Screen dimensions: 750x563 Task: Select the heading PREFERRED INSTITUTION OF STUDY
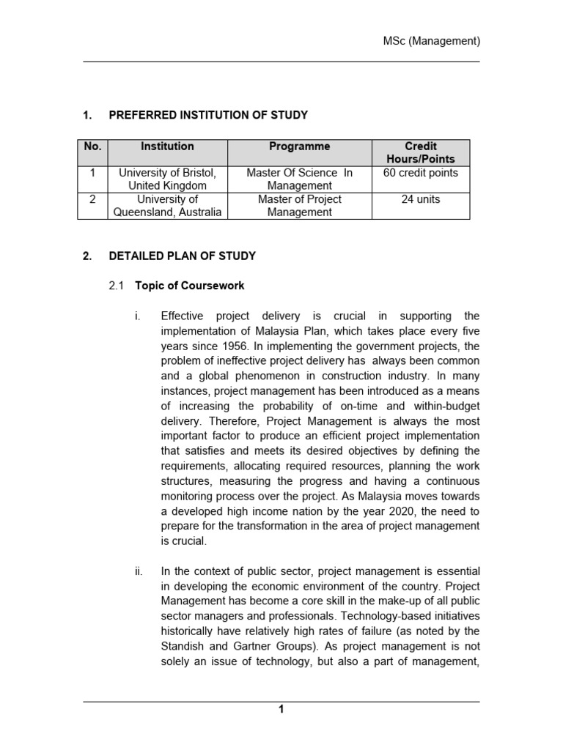point(208,115)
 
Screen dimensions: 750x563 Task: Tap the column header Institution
point(167,146)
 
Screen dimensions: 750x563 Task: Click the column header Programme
point(299,146)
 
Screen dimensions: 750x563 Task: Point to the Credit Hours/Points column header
point(420,152)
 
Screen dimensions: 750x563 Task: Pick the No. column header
point(92,146)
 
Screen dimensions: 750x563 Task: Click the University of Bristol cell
point(167,179)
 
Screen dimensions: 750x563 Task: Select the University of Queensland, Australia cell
point(167,206)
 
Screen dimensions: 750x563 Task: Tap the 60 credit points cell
point(420,173)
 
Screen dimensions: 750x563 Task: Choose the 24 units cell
point(420,199)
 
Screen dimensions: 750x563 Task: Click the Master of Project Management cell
point(299,206)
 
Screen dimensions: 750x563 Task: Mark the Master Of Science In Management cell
point(299,179)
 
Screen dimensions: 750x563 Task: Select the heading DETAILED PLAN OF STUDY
point(183,256)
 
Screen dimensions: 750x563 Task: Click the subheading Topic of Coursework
point(190,286)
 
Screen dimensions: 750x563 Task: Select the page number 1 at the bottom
point(281,709)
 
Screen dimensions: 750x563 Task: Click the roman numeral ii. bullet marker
point(139,571)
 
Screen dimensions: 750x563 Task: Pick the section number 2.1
point(117,286)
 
